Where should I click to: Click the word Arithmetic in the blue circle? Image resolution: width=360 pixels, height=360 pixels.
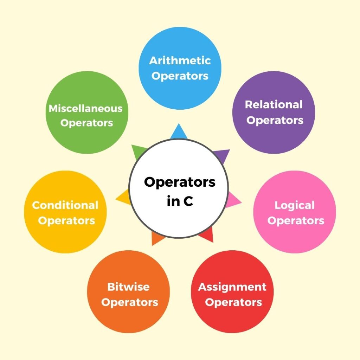pos(180,60)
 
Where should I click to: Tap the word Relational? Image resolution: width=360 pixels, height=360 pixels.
pos(274,104)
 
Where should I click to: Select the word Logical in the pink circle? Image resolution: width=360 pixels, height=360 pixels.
pos(294,205)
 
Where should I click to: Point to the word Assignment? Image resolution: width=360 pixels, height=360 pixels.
pos(232,287)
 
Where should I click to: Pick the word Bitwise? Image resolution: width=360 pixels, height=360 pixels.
pos(128,287)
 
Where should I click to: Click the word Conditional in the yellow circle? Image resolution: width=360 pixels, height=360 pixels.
pos(65,205)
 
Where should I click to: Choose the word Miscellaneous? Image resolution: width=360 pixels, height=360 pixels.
pos(85,108)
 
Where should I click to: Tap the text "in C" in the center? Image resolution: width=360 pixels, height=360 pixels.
pos(180,202)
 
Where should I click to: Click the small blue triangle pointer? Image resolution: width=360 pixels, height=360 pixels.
pos(179,132)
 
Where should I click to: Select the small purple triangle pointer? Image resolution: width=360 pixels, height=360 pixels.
pos(222,155)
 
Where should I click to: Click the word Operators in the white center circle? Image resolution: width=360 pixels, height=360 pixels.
pos(180,182)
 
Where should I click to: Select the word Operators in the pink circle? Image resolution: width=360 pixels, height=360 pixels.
pos(296,221)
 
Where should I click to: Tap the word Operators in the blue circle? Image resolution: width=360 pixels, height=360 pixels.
pos(180,76)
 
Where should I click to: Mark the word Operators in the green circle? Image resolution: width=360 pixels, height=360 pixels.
pos(86,123)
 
